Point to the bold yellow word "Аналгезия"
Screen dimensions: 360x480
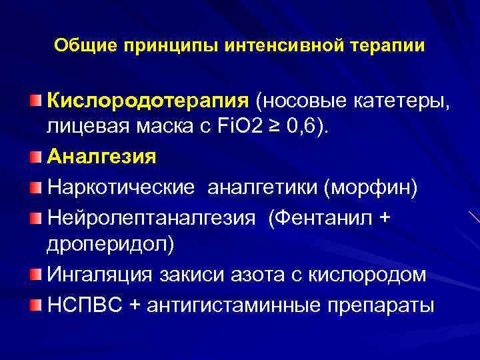pos(102,157)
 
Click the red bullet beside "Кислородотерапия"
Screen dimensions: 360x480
pos(35,101)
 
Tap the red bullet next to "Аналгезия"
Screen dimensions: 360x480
pos(35,157)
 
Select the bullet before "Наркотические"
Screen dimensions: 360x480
pos(35,187)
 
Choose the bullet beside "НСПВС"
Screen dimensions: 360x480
pos(35,304)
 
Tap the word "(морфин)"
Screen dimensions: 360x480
pos(371,187)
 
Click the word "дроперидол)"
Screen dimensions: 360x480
pos(110,245)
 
